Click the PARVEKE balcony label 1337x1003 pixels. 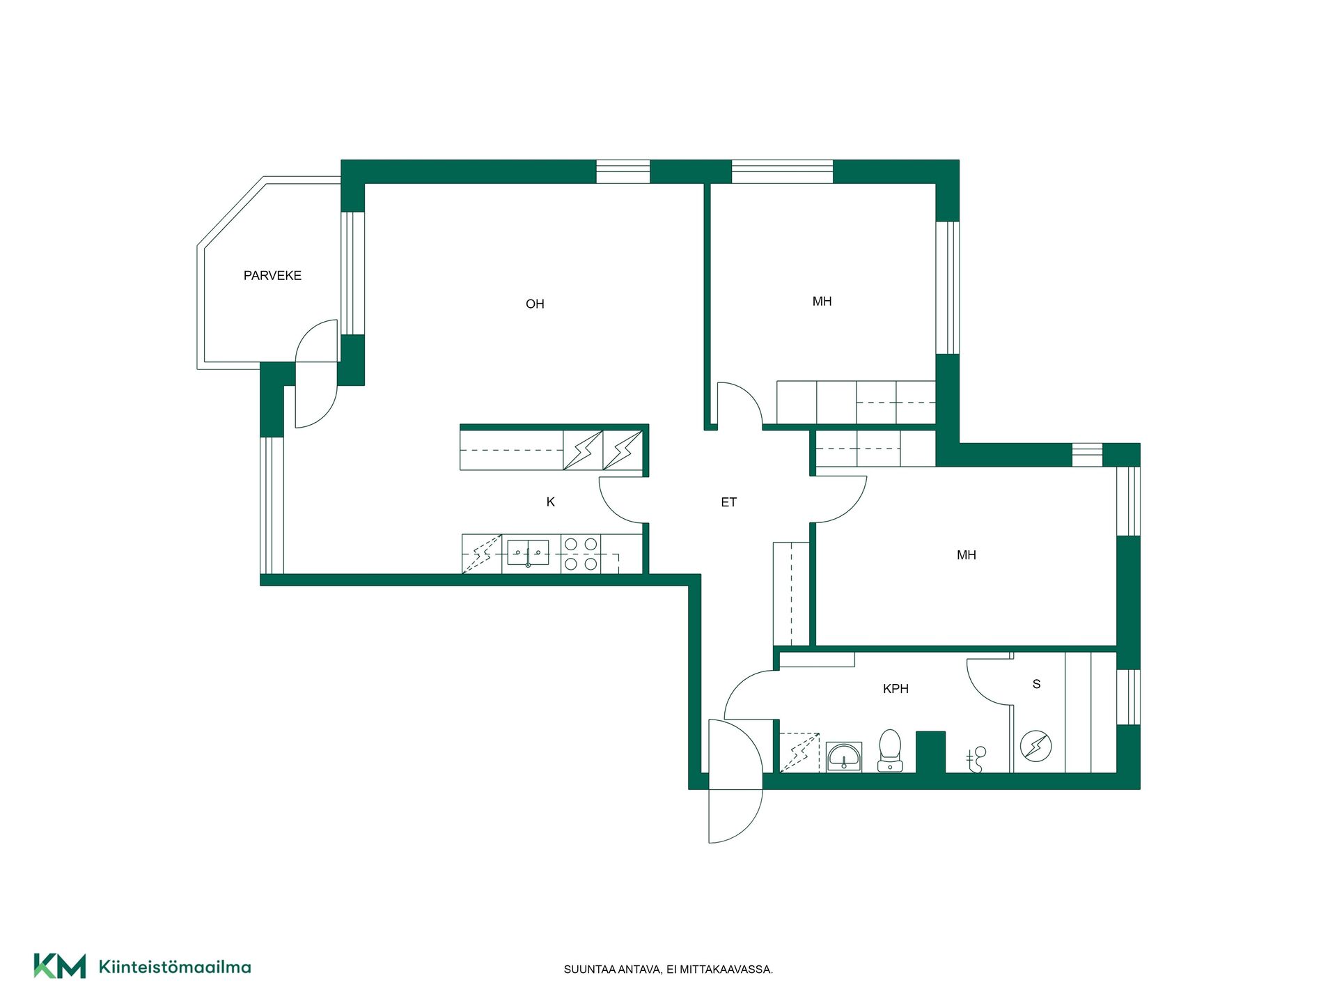[272, 276]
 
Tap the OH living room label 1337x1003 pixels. [535, 304]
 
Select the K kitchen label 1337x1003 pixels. [550, 502]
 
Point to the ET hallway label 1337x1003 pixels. [728, 502]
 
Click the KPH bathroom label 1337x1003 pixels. [896, 689]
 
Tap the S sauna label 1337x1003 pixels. [1036, 684]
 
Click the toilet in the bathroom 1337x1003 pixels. [890, 750]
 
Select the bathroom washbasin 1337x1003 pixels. [845, 756]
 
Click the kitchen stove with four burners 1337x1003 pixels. [581, 554]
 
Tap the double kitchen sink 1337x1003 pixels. [528, 553]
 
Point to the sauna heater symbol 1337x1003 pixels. [1035, 746]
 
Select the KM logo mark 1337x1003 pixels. [60, 966]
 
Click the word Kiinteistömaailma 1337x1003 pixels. [175, 967]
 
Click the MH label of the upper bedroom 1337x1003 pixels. [822, 302]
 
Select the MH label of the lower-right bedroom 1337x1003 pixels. [967, 555]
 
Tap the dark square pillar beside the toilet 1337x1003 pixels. [930, 752]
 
